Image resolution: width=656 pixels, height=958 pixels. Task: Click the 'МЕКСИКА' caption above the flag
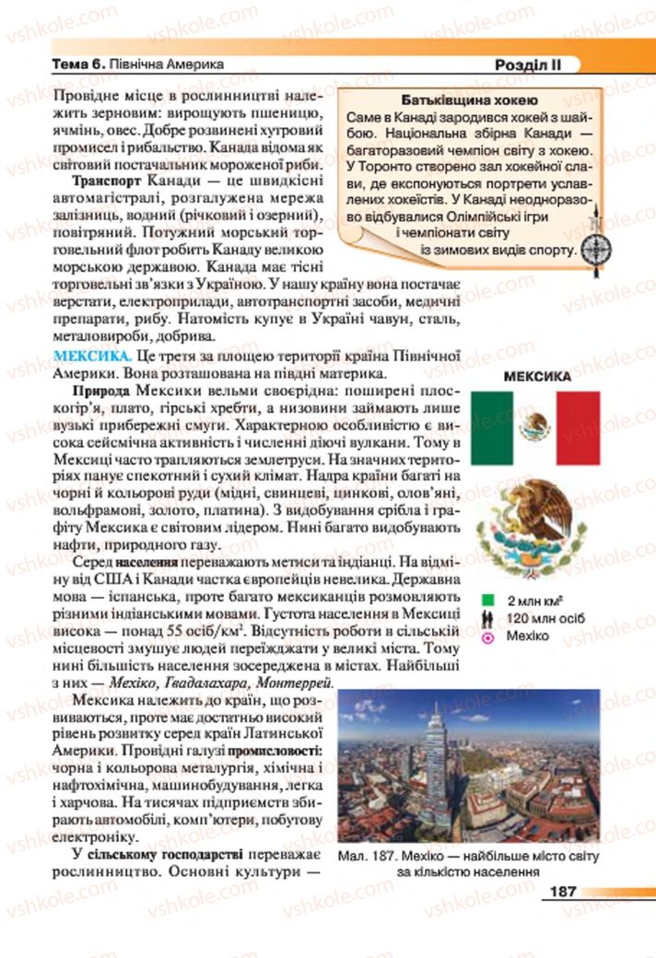(536, 376)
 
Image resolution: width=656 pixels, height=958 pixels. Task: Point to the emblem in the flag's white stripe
(535, 426)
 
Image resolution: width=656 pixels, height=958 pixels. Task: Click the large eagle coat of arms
(535, 528)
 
